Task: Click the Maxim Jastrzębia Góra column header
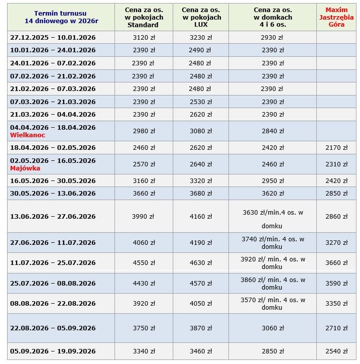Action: coord(336,17)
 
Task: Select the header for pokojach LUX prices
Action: coord(200,17)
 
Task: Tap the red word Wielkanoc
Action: coord(28,135)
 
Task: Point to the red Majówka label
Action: coord(25,168)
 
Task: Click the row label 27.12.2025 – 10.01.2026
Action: coord(53,37)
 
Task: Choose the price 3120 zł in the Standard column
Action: coord(143,37)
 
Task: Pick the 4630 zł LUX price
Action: coord(200,263)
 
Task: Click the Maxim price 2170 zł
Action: coord(336,148)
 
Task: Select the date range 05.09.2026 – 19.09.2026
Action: coord(53,351)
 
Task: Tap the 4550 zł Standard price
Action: coord(143,263)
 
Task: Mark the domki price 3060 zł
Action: coord(272,328)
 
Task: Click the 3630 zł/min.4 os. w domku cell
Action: coord(272,219)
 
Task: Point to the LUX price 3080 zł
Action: coord(200,131)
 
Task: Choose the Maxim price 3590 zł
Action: coord(336,284)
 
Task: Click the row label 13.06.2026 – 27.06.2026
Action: coord(53,217)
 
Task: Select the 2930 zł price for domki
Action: coord(272,37)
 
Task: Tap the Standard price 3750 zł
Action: coord(143,328)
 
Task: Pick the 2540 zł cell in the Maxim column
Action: coord(336,351)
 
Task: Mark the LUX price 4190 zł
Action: coord(200,243)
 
